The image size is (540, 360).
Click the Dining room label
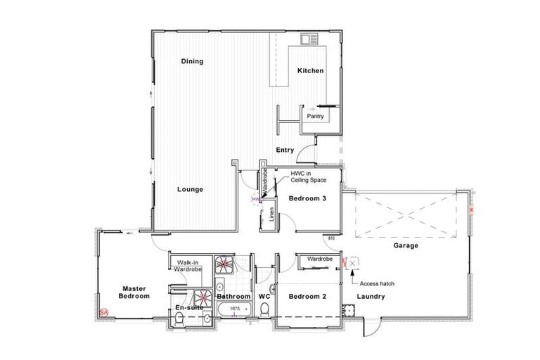pyautogui.click(x=192, y=61)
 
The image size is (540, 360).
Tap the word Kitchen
pyautogui.click(x=310, y=70)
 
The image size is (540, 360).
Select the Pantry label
pyautogui.click(x=316, y=116)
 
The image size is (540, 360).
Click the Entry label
pyautogui.click(x=285, y=150)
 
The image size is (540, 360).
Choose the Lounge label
pyautogui.click(x=190, y=189)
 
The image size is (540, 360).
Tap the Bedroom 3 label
pyautogui.click(x=308, y=199)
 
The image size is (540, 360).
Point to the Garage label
pyautogui.click(x=406, y=246)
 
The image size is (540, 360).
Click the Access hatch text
pyautogui.click(x=378, y=283)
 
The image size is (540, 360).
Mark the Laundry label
pyautogui.click(x=371, y=297)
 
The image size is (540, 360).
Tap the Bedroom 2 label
pyautogui.click(x=308, y=297)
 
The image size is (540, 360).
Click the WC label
pyautogui.click(x=264, y=297)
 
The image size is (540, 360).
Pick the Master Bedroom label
pyautogui.click(x=134, y=292)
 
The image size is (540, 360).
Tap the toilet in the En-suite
pyautogui.click(x=179, y=320)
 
